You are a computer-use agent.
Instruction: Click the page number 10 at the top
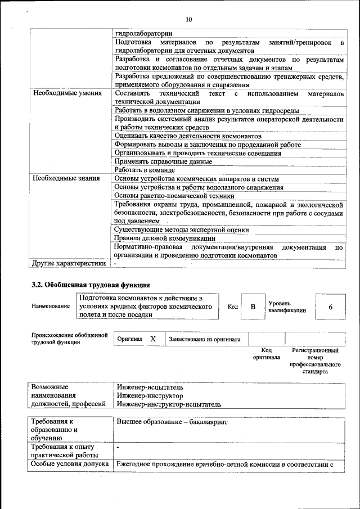click(188, 19)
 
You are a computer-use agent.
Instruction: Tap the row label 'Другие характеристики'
click(69, 263)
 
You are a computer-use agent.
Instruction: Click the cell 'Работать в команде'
click(145, 170)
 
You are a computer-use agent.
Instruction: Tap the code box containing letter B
click(253, 307)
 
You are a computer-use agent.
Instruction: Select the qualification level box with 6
click(330, 307)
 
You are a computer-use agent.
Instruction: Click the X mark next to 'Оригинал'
click(153, 339)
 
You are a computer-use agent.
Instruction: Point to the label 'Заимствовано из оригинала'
click(205, 339)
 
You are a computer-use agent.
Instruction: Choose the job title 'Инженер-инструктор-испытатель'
click(169, 404)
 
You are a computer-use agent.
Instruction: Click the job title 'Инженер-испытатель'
click(150, 388)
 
